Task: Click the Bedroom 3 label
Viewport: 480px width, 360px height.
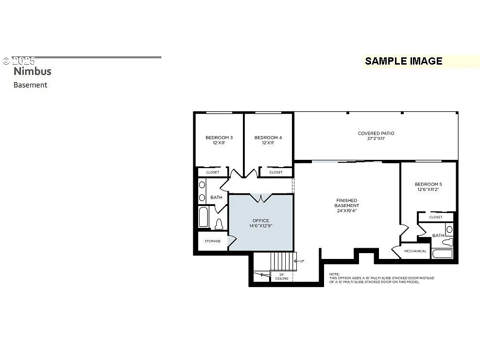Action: point(219,137)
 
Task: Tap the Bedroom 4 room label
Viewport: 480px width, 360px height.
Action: point(268,137)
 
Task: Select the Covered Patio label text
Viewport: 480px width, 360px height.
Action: point(376,133)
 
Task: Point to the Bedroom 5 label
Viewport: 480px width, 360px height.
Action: point(428,184)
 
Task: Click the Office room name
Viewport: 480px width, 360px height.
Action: point(260,221)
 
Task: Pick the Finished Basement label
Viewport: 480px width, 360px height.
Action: point(346,203)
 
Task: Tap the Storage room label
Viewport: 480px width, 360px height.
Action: point(212,241)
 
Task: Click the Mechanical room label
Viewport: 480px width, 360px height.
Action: point(415,251)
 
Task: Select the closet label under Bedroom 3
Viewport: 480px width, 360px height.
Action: point(212,172)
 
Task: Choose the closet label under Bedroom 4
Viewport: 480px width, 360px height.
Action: point(275,172)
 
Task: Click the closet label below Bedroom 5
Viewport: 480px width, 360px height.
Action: point(436,217)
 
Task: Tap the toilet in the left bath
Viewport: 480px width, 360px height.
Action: point(219,224)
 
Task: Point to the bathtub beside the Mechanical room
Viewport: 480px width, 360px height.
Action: point(442,254)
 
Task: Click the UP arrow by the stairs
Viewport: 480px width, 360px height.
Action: point(297,261)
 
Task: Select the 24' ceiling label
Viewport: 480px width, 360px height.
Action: point(282,276)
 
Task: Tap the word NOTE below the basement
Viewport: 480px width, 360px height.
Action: point(334,274)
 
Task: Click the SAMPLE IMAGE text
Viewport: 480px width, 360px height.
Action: point(403,61)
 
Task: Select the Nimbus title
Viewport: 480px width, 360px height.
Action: point(32,71)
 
